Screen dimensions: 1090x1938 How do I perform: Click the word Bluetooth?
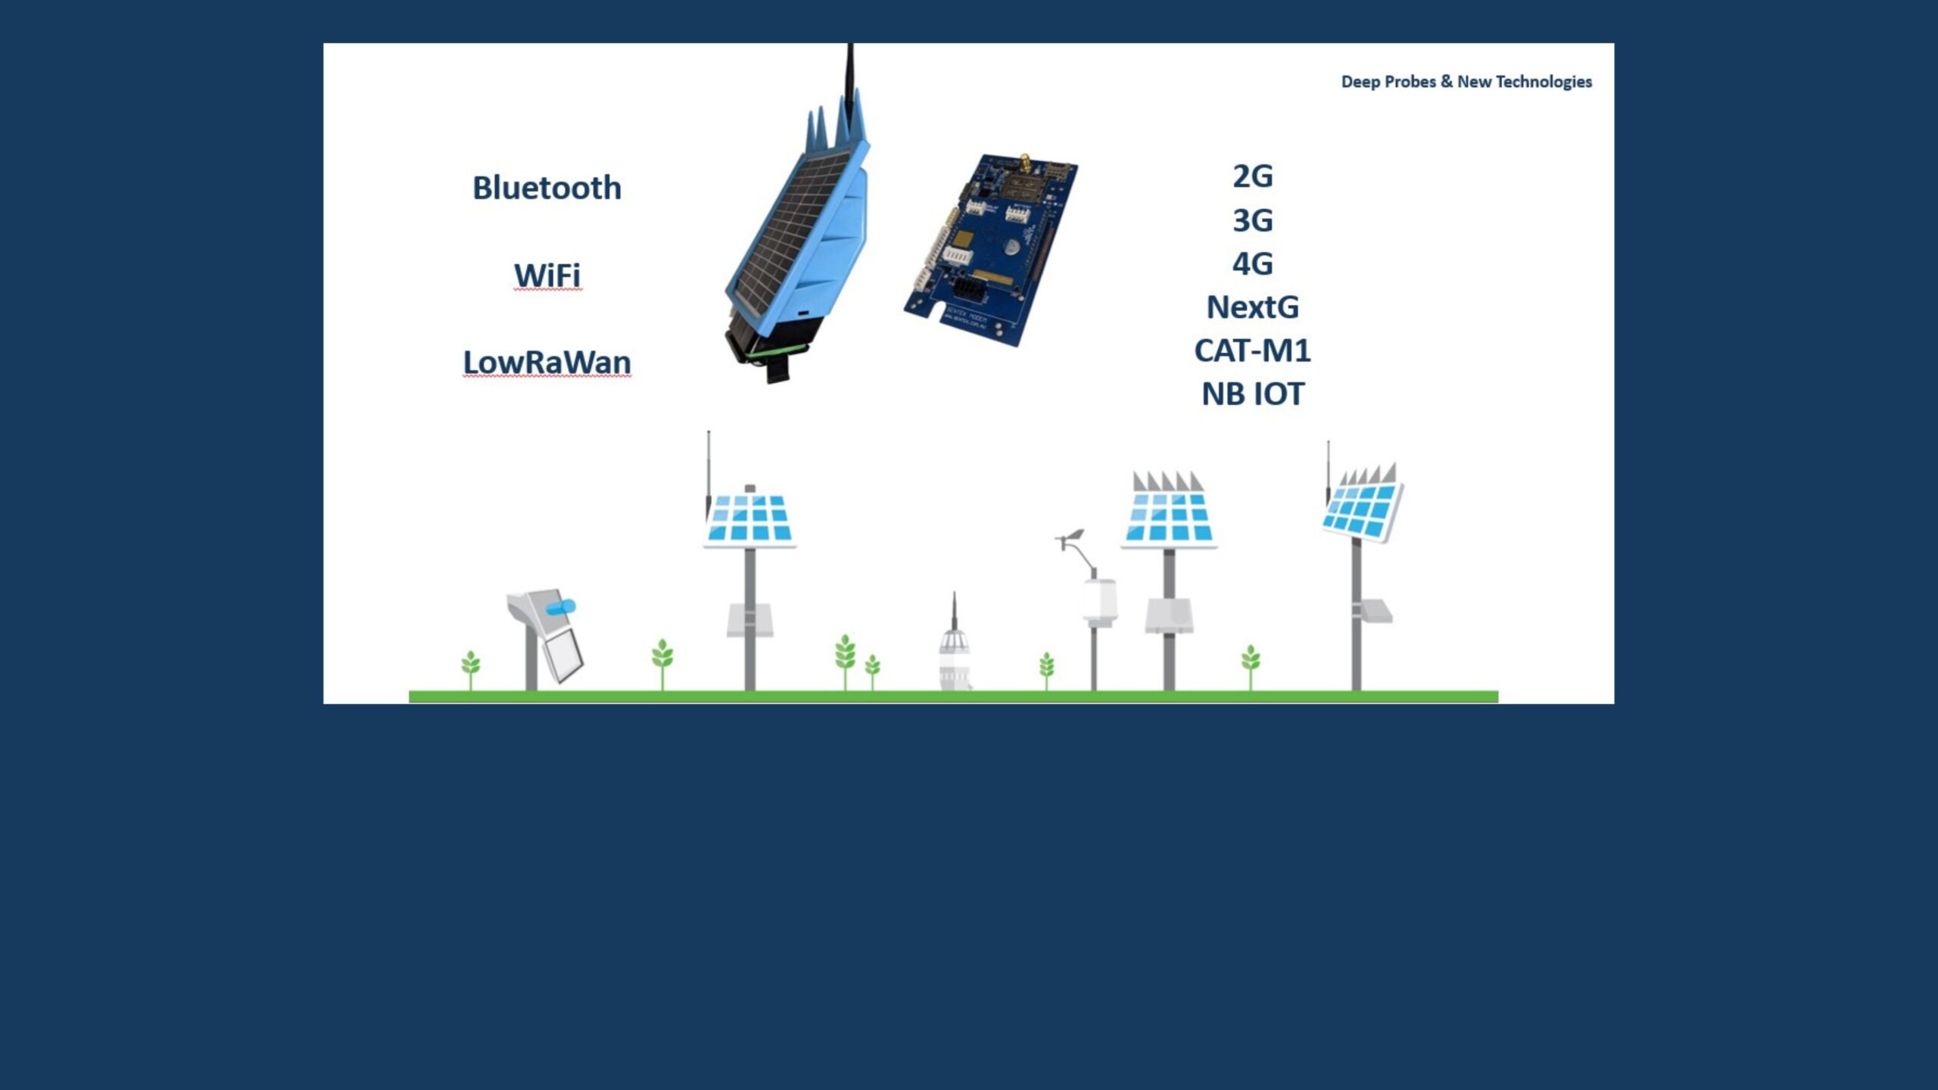tap(547, 188)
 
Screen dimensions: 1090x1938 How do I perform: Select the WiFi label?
tap(547, 275)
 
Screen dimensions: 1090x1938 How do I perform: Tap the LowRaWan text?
tap(547, 362)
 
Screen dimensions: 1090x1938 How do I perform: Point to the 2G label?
tap(1252, 176)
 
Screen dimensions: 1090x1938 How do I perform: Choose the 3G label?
tap(1252, 220)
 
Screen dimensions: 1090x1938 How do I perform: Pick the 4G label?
tap(1252, 263)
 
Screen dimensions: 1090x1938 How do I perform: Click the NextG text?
tap(1252, 307)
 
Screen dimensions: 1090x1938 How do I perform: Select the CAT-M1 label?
tap(1252, 350)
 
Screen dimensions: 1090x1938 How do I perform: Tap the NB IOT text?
tap(1252, 394)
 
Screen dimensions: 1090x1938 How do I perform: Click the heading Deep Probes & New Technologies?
tap(1466, 82)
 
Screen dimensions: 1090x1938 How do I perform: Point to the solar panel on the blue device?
tap(795, 227)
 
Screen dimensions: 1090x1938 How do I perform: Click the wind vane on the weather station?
tap(1071, 537)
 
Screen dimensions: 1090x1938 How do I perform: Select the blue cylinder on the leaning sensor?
tap(562, 607)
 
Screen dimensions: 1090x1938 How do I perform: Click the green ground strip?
tap(953, 696)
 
